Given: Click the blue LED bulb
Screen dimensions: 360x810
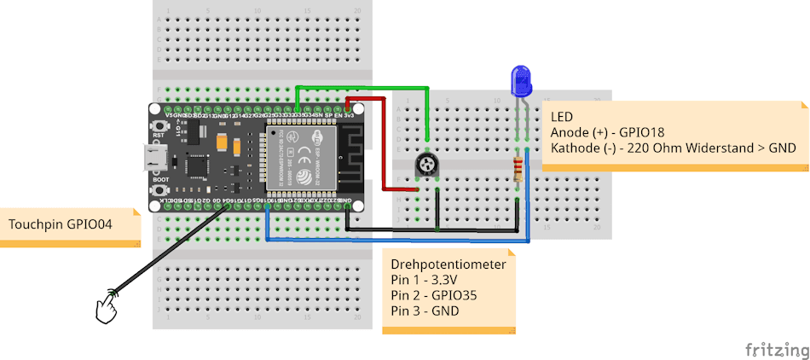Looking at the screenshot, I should pyautogui.click(x=519, y=81).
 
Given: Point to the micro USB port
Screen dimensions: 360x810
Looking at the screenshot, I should pyautogui.click(x=153, y=158).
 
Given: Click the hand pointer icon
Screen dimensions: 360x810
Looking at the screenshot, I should pyautogui.click(x=107, y=306).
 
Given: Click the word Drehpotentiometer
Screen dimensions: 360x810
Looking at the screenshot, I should pyautogui.click(x=448, y=264).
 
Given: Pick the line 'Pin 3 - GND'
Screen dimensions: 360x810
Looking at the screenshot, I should pyautogui.click(x=425, y=311).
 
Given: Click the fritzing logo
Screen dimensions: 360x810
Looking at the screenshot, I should pyautogui.click(x=775, y=350).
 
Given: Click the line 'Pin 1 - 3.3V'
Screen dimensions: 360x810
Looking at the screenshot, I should pyautogui.click(x=424, y=280).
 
